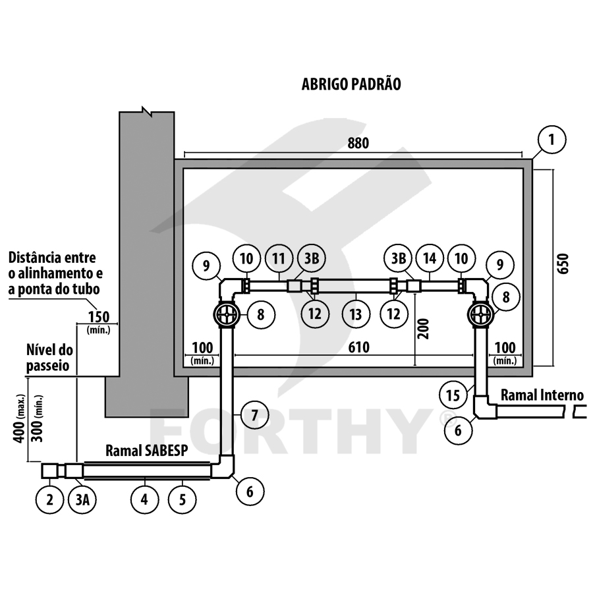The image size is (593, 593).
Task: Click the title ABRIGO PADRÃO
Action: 351,84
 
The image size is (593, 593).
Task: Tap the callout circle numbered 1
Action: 551,140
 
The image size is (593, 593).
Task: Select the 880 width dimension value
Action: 358,144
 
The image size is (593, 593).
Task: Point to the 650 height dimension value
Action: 563,263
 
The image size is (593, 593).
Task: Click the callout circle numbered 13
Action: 356,314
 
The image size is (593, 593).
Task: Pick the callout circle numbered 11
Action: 279,259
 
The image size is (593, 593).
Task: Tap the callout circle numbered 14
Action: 430,259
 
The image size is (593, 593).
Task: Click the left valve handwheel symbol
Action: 227,314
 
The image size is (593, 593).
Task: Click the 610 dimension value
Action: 358,347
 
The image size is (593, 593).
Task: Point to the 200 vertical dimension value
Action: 424,329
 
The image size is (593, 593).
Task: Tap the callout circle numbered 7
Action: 254,415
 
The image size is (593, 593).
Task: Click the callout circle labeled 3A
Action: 82,500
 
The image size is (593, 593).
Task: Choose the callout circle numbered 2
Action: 49,500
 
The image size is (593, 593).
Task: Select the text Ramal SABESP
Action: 147,451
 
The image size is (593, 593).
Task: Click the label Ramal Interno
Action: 542,395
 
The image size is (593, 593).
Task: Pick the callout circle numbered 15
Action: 453,395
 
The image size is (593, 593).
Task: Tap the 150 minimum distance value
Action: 99,317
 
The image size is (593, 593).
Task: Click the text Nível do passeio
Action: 49,358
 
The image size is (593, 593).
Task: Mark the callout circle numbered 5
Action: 183,500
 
